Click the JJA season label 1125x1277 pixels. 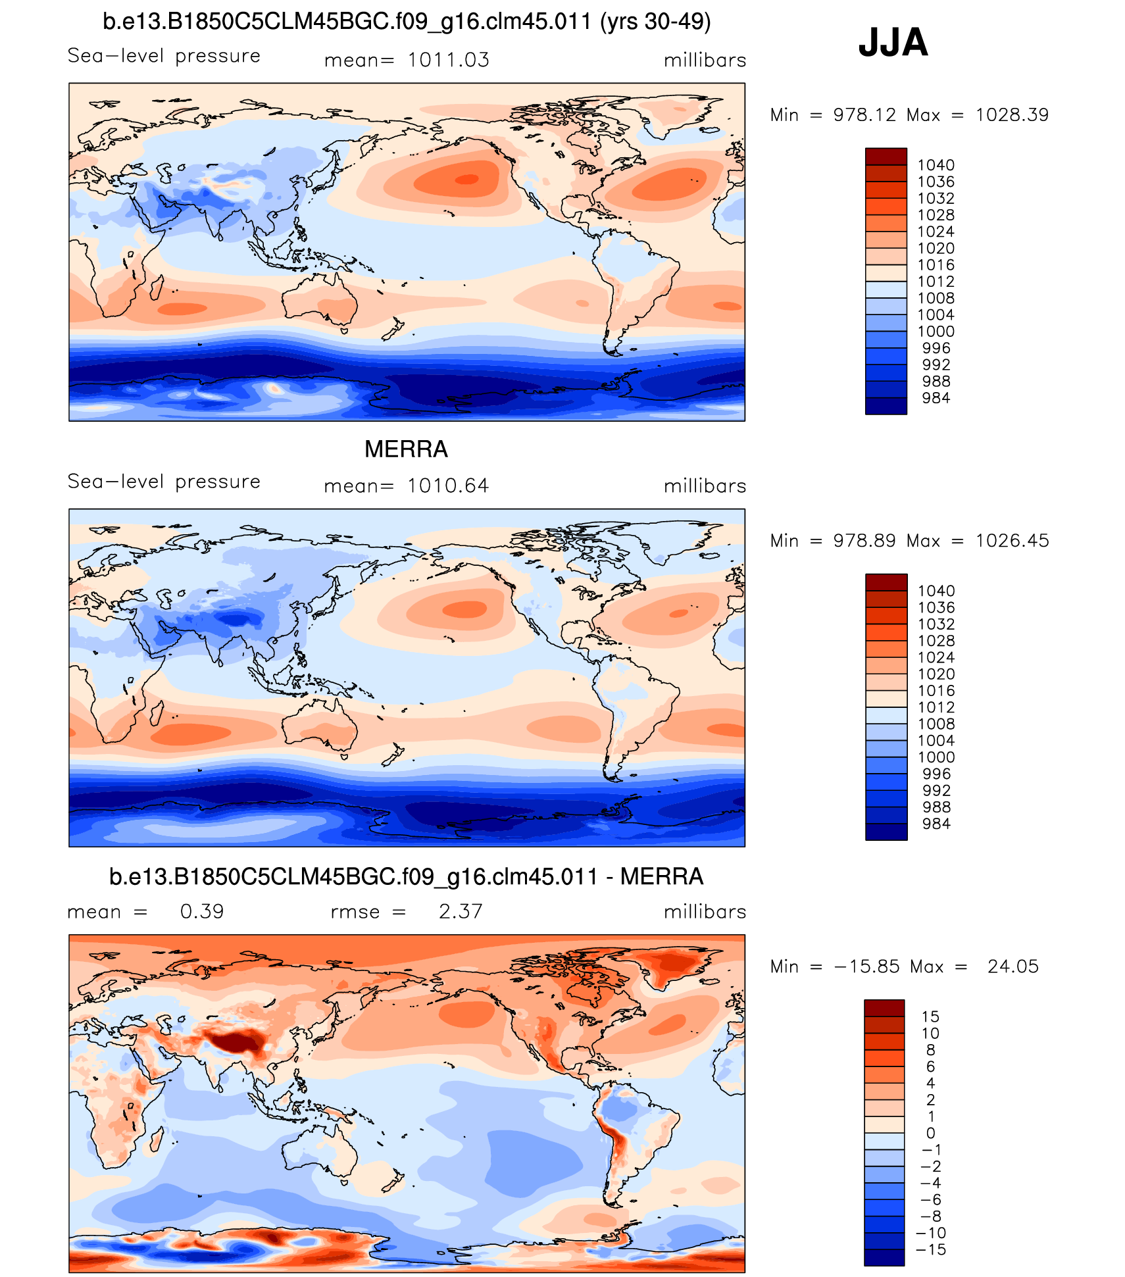[x=893, y=43]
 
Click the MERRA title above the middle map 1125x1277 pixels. [x=406, y=449]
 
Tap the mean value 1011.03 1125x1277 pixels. [x=448, y=60]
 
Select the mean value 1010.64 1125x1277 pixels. [x=448, y=486]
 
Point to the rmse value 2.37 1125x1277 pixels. [x=461, y=911]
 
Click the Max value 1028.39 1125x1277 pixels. [x=1011, y=115]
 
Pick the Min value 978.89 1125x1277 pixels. [x=864, y=541]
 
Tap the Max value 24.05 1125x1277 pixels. [x=1013, y=966]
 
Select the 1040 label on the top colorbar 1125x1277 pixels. [x=936, y=165]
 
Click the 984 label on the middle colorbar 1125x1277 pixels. [x=936, y=824]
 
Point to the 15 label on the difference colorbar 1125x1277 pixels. [x=930, y=1016]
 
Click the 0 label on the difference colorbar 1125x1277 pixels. [x=930, y=1133]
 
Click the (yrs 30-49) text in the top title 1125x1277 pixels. [x=655, y=22]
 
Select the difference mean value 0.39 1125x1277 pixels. [x=202, y=911]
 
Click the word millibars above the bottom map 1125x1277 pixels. [x=705, y=912]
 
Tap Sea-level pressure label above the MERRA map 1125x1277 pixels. [x=164, y=482]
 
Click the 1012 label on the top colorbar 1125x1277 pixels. [x=936, y=282]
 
